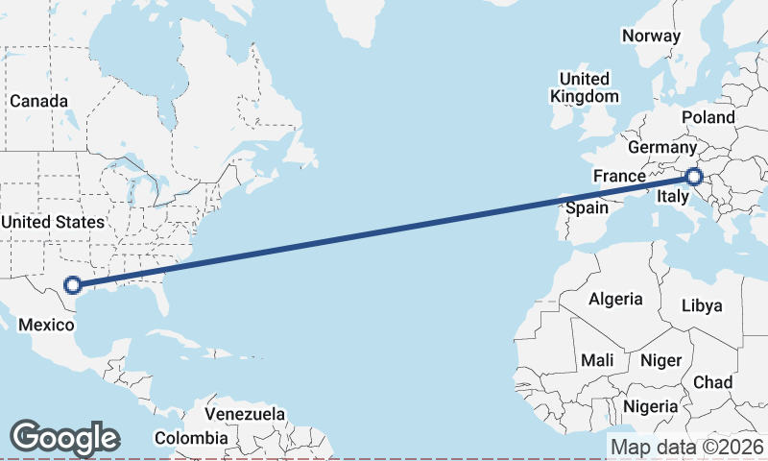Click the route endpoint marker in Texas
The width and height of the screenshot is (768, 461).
point(72,284)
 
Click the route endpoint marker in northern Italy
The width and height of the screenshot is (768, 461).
point(694,177)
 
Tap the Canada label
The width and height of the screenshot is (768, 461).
point(38,101)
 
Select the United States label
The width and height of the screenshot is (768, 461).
point(53,222)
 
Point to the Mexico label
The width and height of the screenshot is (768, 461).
point(46,325)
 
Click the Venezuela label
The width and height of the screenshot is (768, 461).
point(247,414)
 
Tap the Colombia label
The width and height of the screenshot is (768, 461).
point(192,438)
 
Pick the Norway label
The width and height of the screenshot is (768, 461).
point(651,36)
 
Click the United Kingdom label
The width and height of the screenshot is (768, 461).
point(585,87)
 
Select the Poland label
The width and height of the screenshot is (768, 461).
point(708,117)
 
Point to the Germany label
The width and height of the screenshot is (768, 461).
point(661,148)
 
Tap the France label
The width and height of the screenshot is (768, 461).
point(619,176)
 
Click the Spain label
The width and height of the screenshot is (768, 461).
point(587,207)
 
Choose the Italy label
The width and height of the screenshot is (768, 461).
point(672,197)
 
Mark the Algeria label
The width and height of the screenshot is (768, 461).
point(615,299)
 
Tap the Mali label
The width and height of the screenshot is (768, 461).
point(597,360)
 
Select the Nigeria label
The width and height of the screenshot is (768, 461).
point(651,406)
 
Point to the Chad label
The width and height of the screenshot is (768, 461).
point(712,382)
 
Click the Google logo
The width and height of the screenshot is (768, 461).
point(64,438)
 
